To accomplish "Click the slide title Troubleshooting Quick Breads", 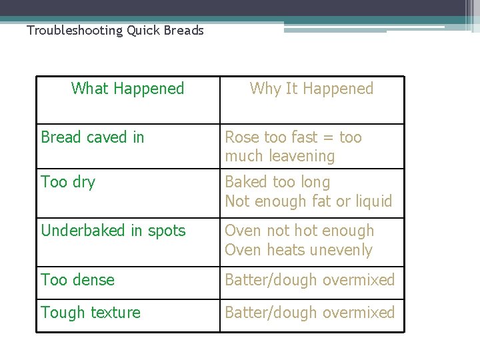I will tap(115, 31).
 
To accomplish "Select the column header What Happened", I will tap(127, 89).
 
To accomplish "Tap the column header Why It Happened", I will tap(311, 89).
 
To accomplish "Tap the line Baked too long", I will tap(277, 182).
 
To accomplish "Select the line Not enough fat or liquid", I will tap(309, 201).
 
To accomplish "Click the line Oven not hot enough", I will tap(299, 231).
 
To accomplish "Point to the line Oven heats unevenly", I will tap(299, 250).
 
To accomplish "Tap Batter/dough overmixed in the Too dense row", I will tap(310, 280).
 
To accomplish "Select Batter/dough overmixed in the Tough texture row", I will tap(310, 313).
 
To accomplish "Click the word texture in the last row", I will tap(115, 313).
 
